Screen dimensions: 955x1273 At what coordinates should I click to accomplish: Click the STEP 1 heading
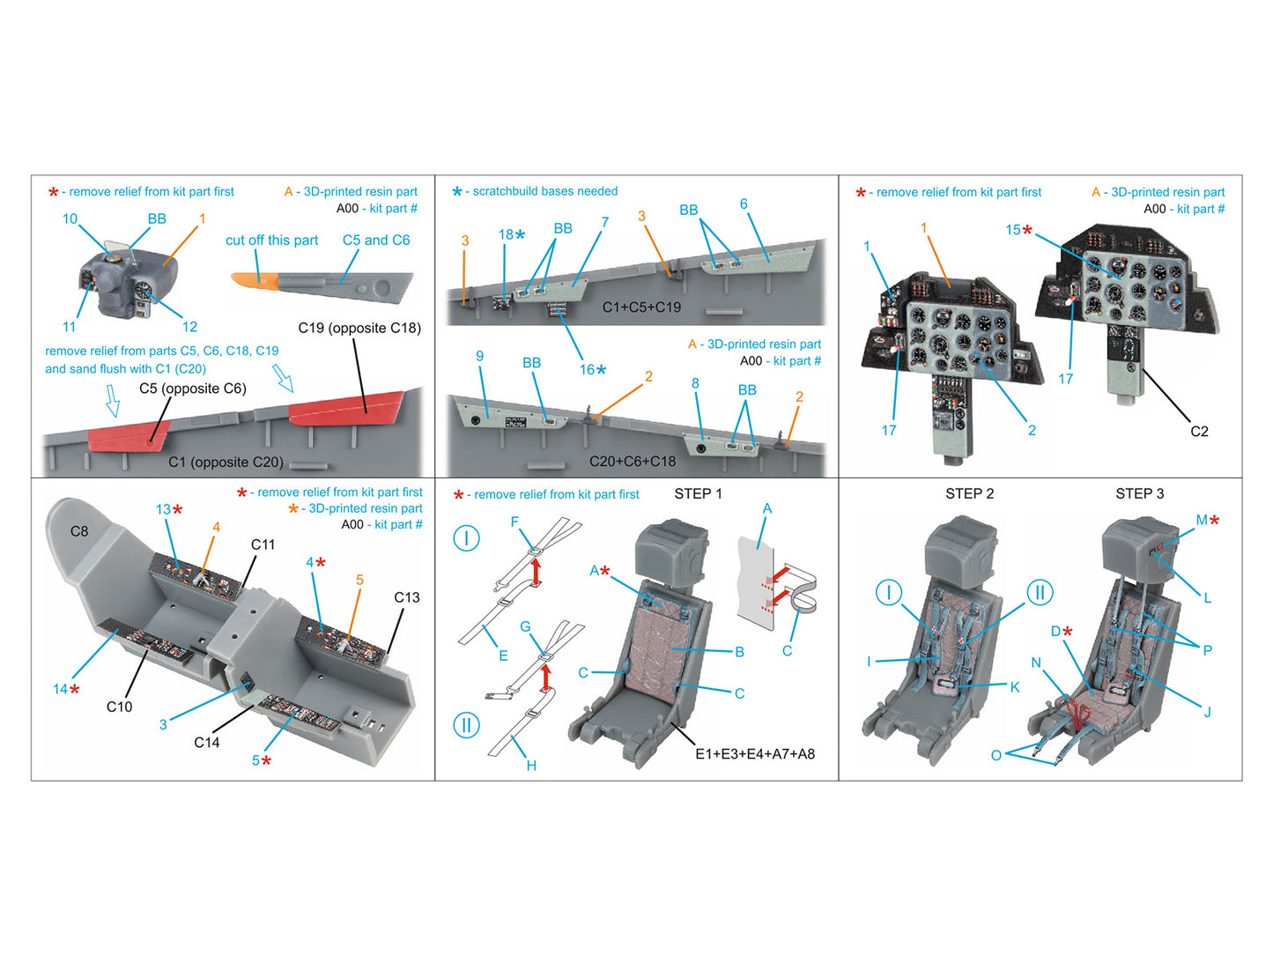(698, 493)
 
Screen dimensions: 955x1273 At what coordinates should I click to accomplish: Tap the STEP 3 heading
(1139, 493)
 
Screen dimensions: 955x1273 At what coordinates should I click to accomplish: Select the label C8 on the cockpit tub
(79, 531)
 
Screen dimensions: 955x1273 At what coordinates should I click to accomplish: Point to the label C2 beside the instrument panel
(1199, 431)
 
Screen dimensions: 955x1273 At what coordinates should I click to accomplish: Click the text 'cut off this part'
(271, 241)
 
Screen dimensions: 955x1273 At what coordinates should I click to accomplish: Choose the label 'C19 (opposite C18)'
(359, 328)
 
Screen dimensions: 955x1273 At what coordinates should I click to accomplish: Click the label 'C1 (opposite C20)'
(226, 462)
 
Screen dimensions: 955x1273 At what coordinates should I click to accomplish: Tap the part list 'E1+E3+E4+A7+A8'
(755, 754)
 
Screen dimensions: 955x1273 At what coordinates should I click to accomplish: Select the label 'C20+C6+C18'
(633, 461)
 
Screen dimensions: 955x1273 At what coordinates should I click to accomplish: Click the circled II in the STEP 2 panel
(1040, 592)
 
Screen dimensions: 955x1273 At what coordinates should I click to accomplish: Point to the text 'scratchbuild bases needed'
(544, 191)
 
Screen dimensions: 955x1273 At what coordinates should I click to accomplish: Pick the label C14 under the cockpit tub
(207, 743)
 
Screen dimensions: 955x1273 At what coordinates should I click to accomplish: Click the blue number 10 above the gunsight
(70, 218)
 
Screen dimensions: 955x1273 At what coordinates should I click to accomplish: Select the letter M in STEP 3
(1202, 520)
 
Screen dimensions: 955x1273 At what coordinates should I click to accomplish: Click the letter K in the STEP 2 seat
(1015, 687)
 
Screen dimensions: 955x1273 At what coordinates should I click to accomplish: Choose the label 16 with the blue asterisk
(588, 369)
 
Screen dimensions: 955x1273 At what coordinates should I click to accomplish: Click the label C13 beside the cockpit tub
(406, 597)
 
